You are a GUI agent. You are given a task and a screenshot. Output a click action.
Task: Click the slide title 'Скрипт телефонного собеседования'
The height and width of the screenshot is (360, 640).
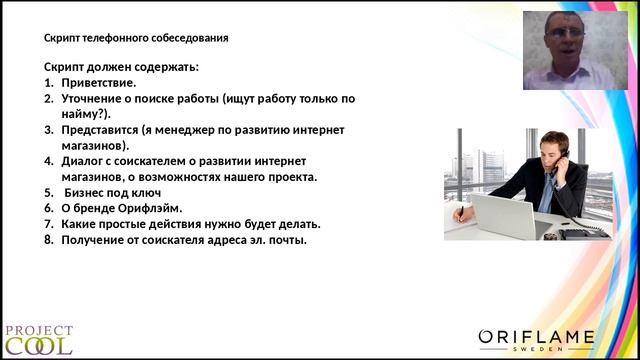pyautogui.click(x=136, y=39)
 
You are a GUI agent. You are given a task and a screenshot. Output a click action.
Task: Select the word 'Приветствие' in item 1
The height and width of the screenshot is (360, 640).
pyautogui.click(x=98, y=83)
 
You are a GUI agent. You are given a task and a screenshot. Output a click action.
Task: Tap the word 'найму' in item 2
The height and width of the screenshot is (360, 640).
pyautogui.click(x=84, y=114)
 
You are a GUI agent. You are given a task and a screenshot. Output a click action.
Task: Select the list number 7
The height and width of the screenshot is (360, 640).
pyautogui.click(x=49, y=224)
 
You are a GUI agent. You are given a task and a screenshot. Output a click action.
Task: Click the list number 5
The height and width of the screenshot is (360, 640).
pyautogui.click(x=49, y=193)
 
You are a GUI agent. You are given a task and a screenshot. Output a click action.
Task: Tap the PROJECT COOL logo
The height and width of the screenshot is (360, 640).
pyautogui.click(x=37, y=339)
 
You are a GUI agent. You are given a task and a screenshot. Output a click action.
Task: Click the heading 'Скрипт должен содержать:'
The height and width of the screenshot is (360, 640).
pyautogui.click(x=122, y=67)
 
